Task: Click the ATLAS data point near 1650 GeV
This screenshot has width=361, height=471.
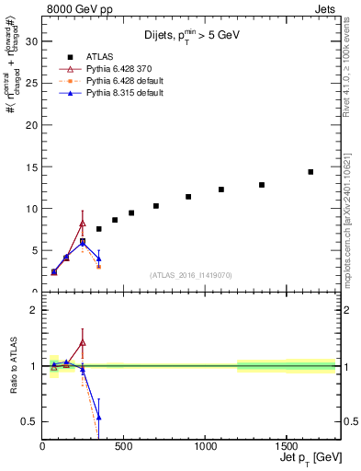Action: pos(310,172)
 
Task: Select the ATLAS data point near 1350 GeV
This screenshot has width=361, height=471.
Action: pos(262,185)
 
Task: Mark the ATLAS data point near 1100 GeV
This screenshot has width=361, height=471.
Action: pos(221,190)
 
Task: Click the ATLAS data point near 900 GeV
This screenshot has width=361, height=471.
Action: pos(188,197)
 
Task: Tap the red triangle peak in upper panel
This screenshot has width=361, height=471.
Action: pos(83,224)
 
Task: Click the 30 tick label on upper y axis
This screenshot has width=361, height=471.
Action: pos(30,41)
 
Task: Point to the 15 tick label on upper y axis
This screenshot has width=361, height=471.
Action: pos(30,167)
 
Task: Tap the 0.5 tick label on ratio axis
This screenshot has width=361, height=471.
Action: pos(28,421)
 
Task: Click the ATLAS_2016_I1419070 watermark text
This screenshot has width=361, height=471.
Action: pos(191,275)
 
